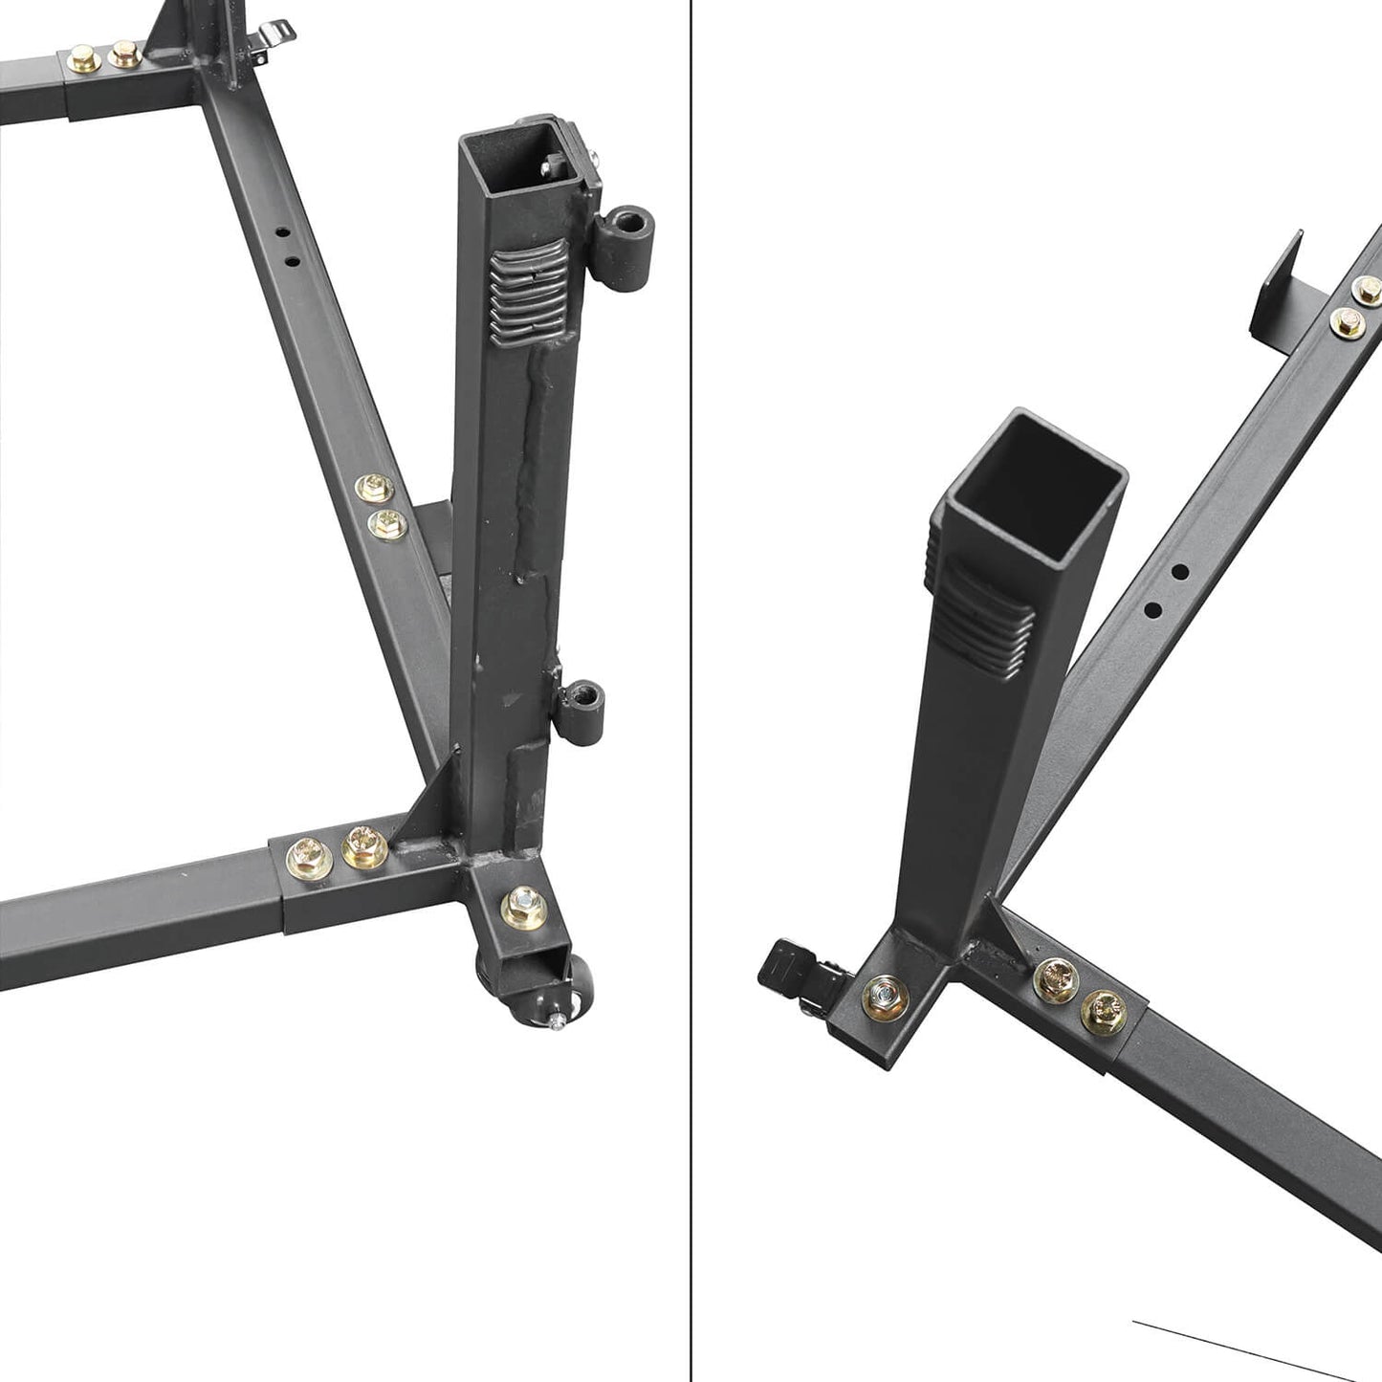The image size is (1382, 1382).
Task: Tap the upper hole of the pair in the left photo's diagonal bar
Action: (x=281, y=233)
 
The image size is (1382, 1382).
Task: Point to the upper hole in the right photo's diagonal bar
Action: (x=1179, y=572)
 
